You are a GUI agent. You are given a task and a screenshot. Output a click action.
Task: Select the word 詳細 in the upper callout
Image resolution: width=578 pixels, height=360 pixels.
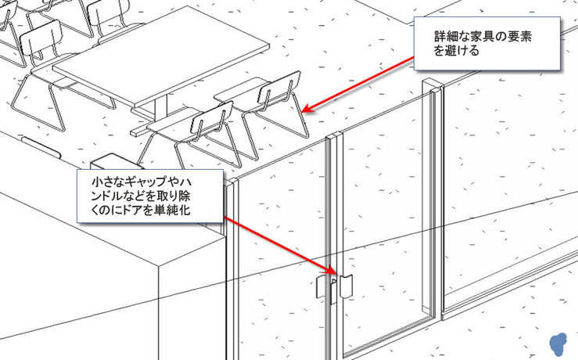coord(446,38)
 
